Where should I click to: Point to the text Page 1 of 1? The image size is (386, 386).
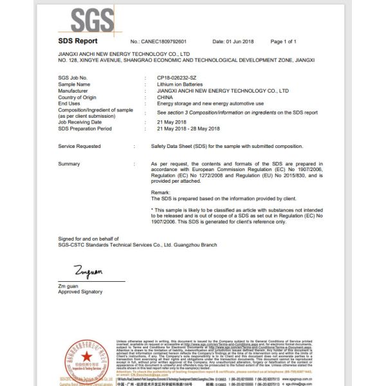(x=284, y=42)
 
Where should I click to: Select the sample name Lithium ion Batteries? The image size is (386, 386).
(x=176, y=84)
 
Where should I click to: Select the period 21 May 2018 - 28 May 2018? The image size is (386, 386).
(x=183, y=128)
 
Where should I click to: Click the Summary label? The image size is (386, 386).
(x=69, y=164)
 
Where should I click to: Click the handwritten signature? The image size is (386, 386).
(x=71, y=272)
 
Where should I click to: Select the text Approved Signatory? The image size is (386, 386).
(x=80, y=291)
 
